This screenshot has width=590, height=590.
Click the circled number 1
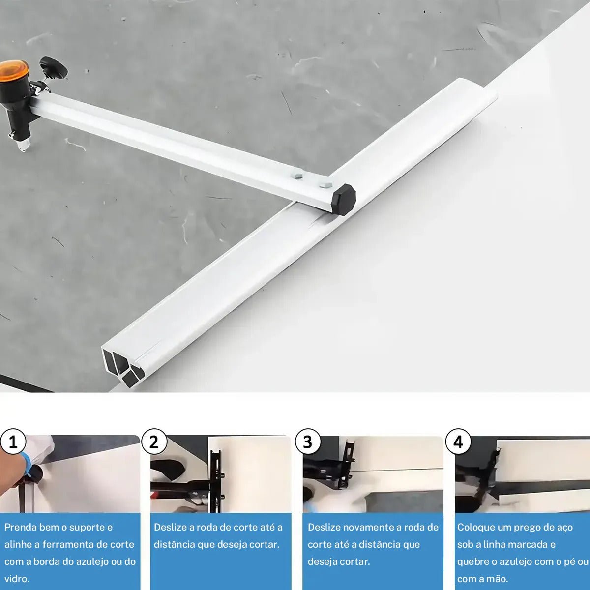click(x=13, y=442)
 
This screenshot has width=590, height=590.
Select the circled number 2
click(x=154, y=442)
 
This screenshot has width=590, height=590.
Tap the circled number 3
click(x=308, y=442)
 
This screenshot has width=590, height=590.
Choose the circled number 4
click(x=458, y=442)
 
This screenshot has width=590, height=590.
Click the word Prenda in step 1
click(x=20, y=527)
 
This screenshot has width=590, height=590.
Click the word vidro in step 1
click(x=17, y=579)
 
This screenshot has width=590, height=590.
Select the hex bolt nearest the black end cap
click(x=325, y=185)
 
